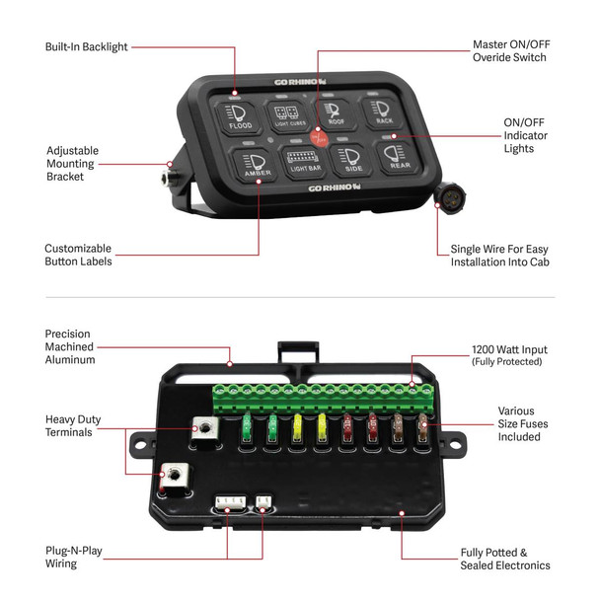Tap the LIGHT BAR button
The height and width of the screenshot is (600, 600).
(x=302, y=161)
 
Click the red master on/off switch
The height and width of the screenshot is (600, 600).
(x=319, y=139)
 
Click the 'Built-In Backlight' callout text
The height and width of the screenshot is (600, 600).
(x=88, y=46)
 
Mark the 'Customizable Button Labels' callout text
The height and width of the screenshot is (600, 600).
(x=77, y=255)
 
